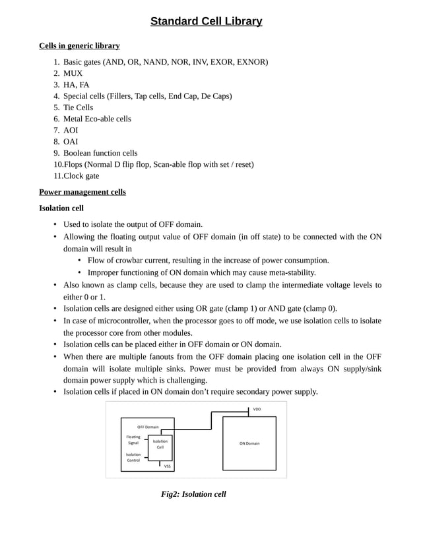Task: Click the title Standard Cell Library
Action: pos(206,22)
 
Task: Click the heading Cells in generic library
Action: pos(79,46)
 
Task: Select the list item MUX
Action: pos(73,73)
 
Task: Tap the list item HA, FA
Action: pos(76,84)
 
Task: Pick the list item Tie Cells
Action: pos(78,107)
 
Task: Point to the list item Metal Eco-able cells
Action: pos(97,119)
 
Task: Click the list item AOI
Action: pos(71,130)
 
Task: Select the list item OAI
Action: pos(71,141)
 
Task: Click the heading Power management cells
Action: pos(82,192)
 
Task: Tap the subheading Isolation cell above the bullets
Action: pos(61,208)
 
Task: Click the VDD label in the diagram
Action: pos(257,409)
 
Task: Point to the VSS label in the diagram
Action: pos(168,466)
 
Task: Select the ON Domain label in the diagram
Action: pos(249,443)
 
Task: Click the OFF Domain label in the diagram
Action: pos(148,428)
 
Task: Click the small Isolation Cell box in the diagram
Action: pos(160,444)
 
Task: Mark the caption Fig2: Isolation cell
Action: pos(193,494)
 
